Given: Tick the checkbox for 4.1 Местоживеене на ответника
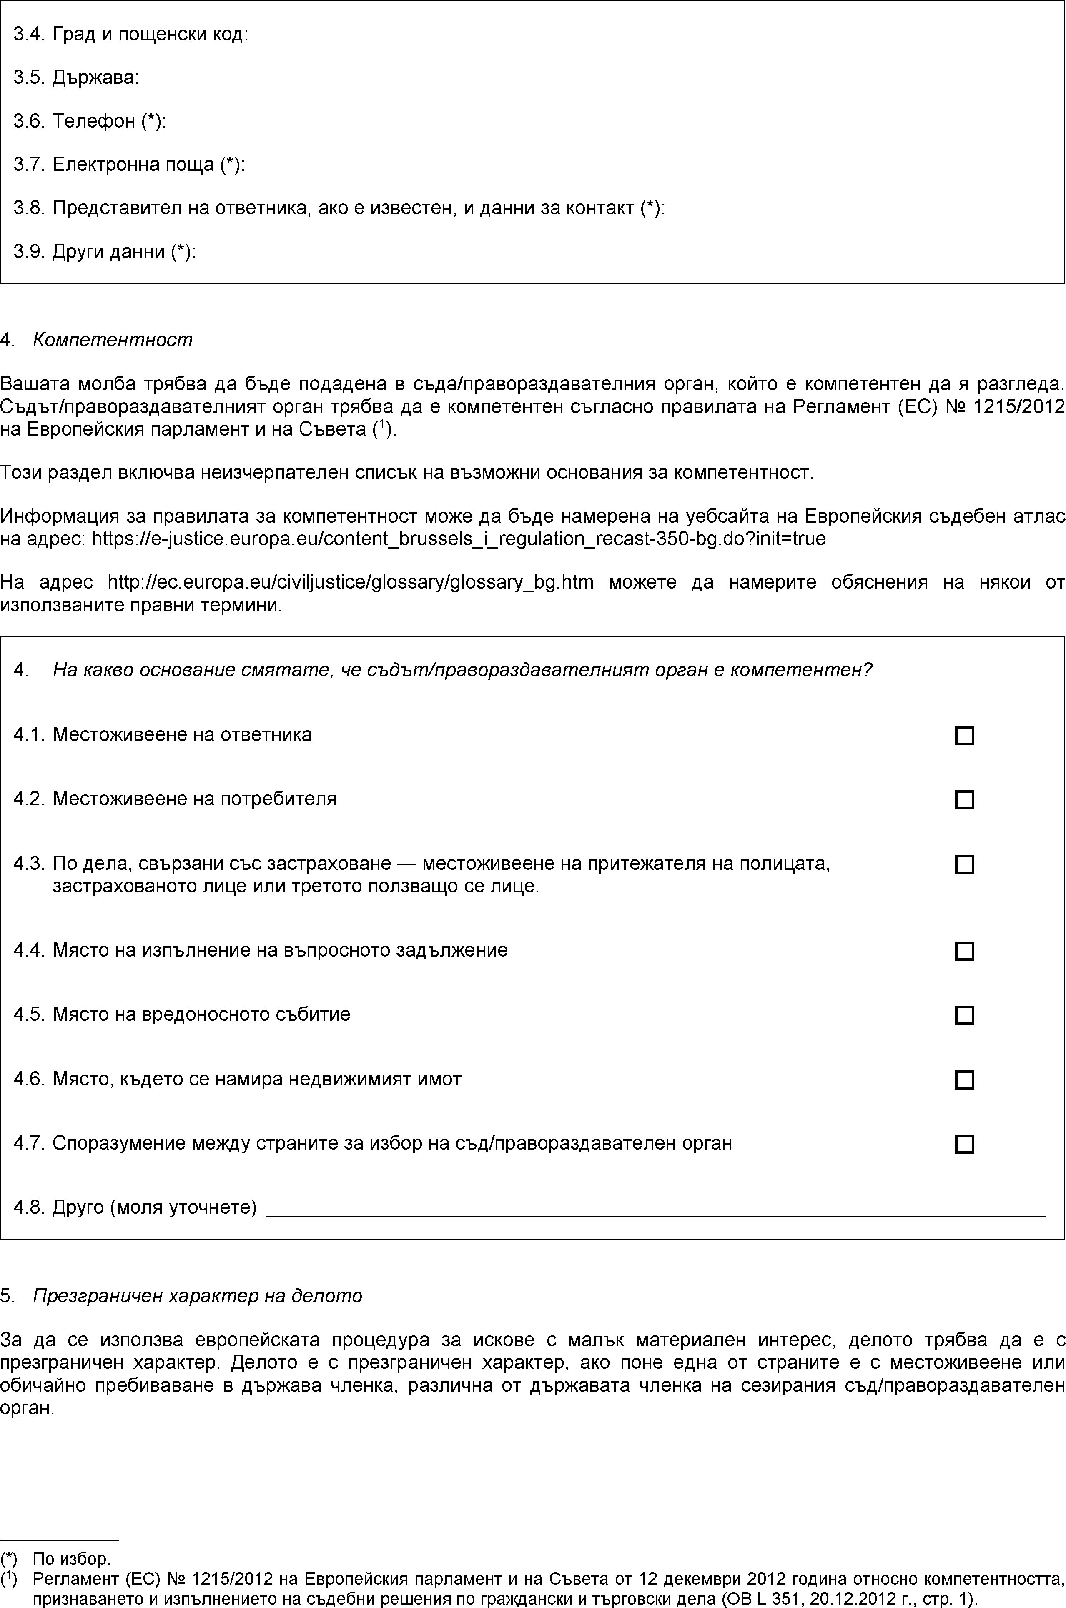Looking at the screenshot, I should coord(964,735).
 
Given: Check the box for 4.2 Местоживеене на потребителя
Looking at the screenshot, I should coord(964,800).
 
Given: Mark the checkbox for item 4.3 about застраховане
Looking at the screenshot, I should coord(964,864).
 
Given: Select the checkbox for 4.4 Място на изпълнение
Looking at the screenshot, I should coord(964,951).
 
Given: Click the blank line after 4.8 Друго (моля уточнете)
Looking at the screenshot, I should coord(654,1208).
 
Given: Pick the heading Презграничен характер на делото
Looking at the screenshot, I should coord(197,1296).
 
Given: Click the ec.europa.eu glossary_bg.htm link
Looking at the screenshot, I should coord(350,582).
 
